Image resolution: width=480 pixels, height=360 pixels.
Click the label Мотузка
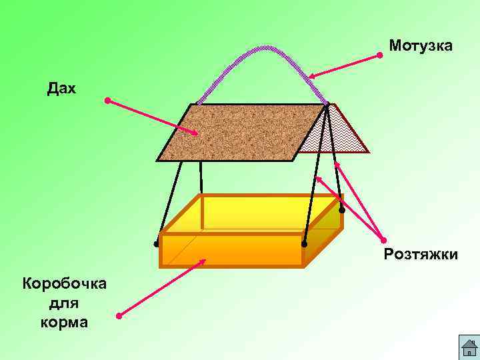point(421,46)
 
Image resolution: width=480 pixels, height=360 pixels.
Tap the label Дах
point(62,88)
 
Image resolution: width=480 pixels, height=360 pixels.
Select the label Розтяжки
point(421,254)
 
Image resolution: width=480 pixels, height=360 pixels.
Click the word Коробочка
point(65,283)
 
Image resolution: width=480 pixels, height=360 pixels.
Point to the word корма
point(65,323)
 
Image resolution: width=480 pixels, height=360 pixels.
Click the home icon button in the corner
point(469,347)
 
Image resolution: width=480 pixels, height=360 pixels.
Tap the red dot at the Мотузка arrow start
point(379,55)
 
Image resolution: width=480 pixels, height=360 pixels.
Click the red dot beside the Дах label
point(107,101)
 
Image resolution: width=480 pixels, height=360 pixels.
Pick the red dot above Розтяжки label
point(383,240)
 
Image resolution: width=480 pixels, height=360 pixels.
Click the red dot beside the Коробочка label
point(118,315)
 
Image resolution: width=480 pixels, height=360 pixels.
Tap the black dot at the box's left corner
point(157,244)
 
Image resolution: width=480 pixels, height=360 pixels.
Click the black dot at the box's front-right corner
point(304,244)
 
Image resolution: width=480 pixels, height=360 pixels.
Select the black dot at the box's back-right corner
point(342,210)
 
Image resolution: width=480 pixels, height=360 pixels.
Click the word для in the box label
point(65,303)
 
